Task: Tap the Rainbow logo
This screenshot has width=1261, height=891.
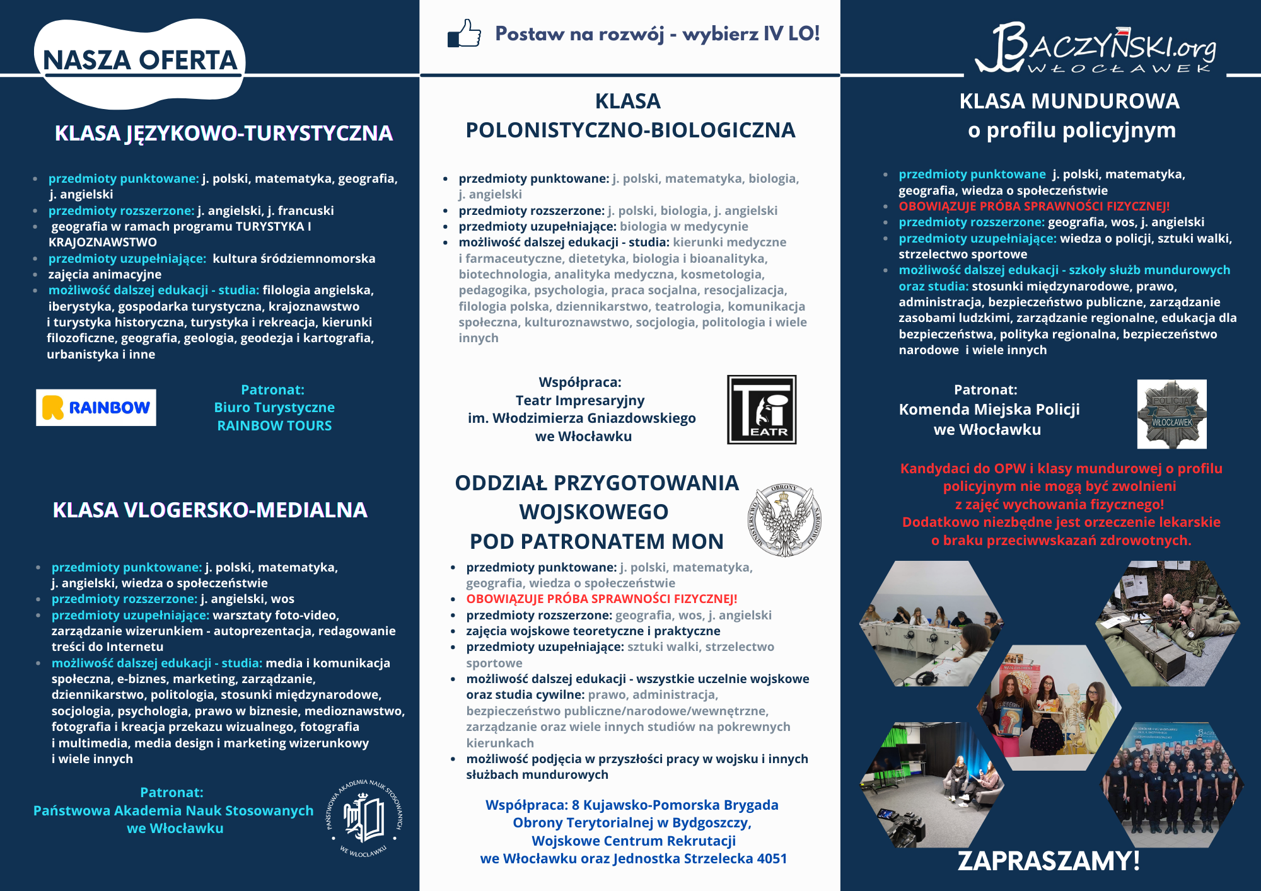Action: point(96,408)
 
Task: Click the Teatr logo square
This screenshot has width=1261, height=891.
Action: point(762,410)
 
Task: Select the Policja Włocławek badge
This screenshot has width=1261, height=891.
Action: point(1171,414)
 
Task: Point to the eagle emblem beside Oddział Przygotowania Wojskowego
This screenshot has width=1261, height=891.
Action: point(784,520)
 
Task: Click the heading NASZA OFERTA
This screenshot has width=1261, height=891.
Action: point(140,60)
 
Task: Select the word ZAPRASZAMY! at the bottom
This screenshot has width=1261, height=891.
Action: point(1049,861)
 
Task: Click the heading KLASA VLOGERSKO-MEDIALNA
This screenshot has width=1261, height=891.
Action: point(210,510)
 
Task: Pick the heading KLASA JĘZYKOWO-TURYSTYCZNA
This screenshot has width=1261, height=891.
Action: point(223,134)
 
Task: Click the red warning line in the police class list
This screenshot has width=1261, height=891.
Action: point(1034,206)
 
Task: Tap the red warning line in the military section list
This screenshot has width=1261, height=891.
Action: point(601,599)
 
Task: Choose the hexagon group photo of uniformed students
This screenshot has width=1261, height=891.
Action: point(1171,785)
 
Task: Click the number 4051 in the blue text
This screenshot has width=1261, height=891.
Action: point(772,858)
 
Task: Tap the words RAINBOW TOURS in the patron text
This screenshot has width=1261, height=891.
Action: point(274,426)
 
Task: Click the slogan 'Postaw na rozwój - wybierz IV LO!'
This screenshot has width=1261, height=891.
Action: point(657,33)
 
